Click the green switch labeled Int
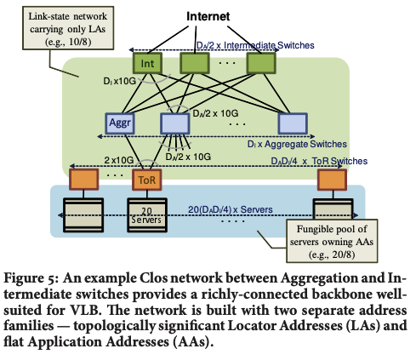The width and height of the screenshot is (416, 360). point(147,63)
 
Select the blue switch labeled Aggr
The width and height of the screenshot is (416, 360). point(120,123)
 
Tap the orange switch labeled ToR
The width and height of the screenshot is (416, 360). point(147,180)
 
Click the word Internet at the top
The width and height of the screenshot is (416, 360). point(208,16)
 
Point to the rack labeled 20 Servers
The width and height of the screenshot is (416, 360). point(147,215)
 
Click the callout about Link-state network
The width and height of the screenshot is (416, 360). point(68,28)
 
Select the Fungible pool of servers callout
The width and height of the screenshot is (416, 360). point(332,241)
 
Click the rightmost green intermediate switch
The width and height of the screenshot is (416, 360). point(261,63)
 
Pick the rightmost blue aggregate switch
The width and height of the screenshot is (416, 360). point(293,123)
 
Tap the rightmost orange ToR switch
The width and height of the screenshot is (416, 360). point(332,180)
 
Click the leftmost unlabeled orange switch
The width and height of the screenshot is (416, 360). point(84,180)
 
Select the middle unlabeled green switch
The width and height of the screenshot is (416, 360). point(195,63)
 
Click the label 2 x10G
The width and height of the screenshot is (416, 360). point(119,160)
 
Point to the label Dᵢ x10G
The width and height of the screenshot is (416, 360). point(120,81)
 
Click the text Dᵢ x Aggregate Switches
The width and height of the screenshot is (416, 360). point(297,144)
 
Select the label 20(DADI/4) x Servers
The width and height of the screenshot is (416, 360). point(231,209)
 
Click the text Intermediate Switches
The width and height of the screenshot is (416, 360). point(269,45)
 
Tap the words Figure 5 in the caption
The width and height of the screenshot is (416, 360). point(31,278)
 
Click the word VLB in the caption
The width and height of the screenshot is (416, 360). point(85,310)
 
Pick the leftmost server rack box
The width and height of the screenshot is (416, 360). point(83,215)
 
